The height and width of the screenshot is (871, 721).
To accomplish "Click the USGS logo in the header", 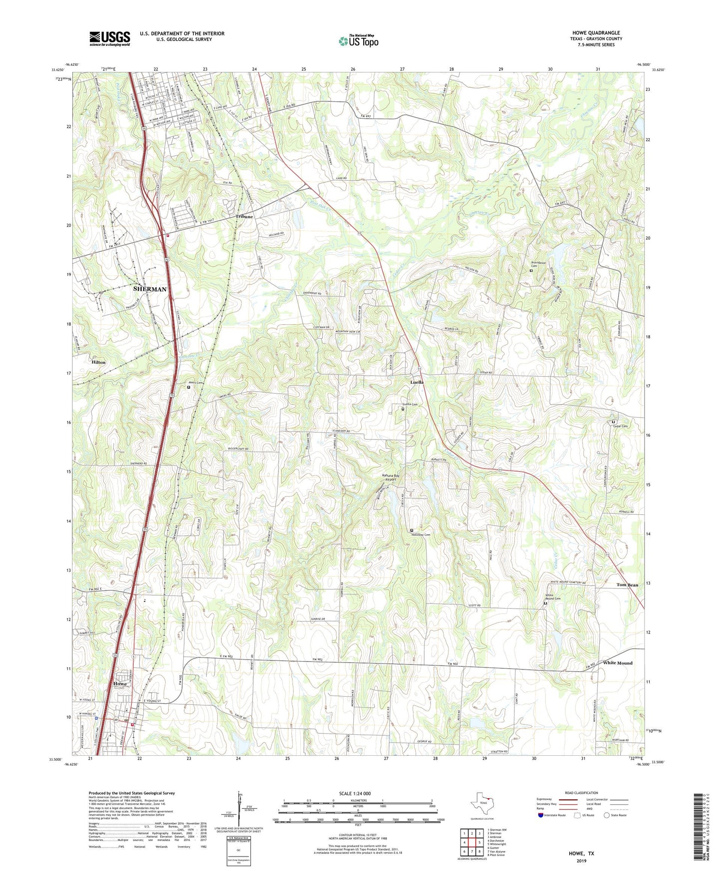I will point(110,38).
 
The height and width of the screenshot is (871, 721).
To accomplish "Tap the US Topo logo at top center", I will point(358,41).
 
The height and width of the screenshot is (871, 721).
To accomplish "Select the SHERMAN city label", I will point(150,289).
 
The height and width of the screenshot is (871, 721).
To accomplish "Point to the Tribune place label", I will point(244,217).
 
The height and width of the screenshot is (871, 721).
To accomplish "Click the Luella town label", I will point(417,382).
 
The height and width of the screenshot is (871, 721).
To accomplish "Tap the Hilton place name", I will point(98,362).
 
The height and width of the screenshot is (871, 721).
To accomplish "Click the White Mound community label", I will point(617,663).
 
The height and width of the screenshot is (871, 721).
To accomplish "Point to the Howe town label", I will point(120,683).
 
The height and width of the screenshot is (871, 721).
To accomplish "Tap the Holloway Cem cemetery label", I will point(420,535).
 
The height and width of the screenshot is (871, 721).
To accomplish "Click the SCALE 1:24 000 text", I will point(354,794).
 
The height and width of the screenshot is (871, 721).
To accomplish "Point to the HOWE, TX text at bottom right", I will point(581,854).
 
